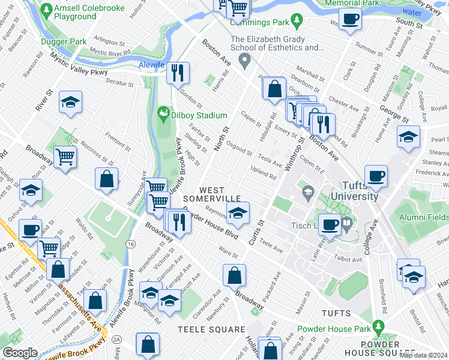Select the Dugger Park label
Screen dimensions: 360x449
pyautogui.click(x=61, y=41)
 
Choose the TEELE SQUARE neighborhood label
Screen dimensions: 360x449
pyautogui.click(x=211, y=329)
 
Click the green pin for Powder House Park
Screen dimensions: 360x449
pyautogui.click(x=378, y=327)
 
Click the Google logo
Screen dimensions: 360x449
pyautogui.click(x=20, y=352)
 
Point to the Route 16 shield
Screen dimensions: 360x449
pyautogui.click(x=130, y=244)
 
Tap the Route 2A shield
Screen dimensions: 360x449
pyautogui.click(x=116, y=340)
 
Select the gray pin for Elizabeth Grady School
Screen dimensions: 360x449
pyautogui.click(x=244, y=59)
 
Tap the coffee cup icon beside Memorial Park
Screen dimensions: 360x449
pyautogui.click(x=351, y=19)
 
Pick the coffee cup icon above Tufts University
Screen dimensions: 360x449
pyautogui.click(x=376, y=176)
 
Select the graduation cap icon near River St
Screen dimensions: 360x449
pyautogui.click(x=70, y=103)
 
